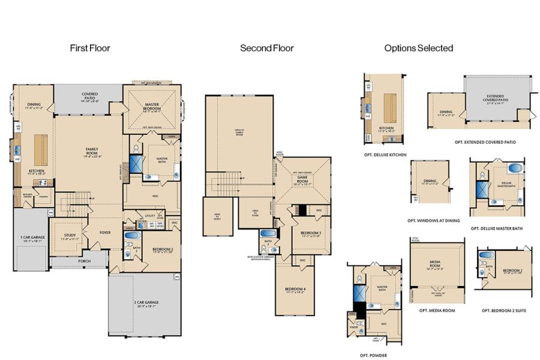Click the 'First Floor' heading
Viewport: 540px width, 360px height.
(90, 47)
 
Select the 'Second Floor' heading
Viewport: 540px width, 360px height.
(267, 47)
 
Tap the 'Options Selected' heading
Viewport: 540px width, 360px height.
(419, 47)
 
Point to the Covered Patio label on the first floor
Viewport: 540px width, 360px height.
(90, 95)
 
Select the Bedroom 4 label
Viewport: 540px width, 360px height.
(296, 291)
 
